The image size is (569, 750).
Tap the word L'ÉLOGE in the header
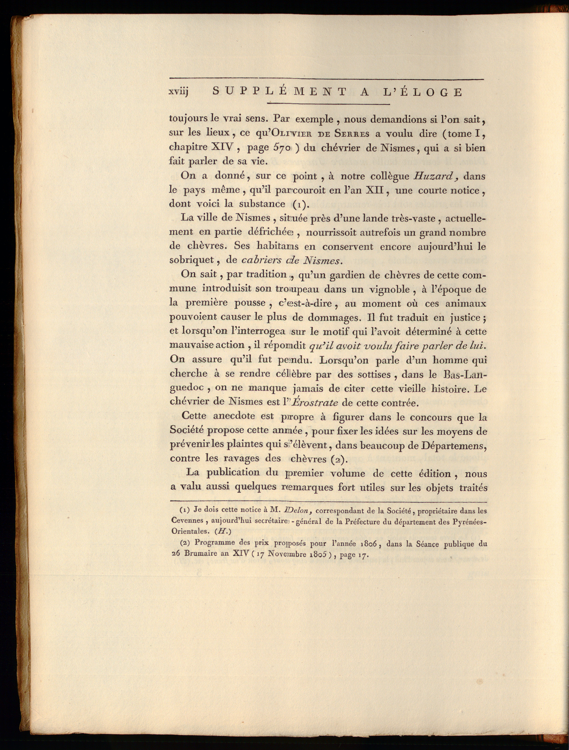pos(423,92)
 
